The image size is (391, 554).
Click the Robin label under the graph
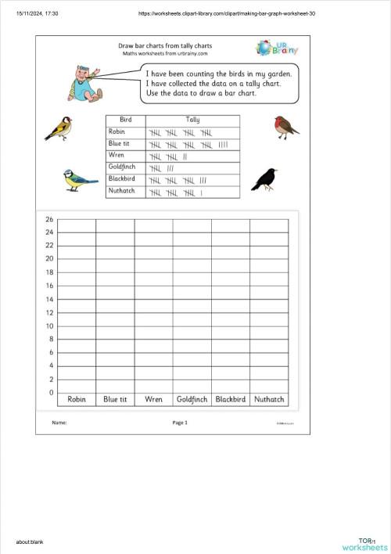click(77, 399)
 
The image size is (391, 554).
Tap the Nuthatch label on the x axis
click(269, 399)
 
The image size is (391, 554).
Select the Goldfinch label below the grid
click(192, 399)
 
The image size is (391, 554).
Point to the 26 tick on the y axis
click(49, 219)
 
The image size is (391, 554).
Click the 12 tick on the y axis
click(49, 313)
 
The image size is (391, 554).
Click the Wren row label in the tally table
click(116, 156)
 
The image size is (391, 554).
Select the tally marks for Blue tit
click(188, 144)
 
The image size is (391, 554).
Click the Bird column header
click(126, 120)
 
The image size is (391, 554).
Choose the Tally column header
click(192, 120)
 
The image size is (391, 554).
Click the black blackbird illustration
click(264, 179)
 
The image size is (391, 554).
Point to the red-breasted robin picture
click(286, 126)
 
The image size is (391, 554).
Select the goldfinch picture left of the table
click(58, 128)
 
